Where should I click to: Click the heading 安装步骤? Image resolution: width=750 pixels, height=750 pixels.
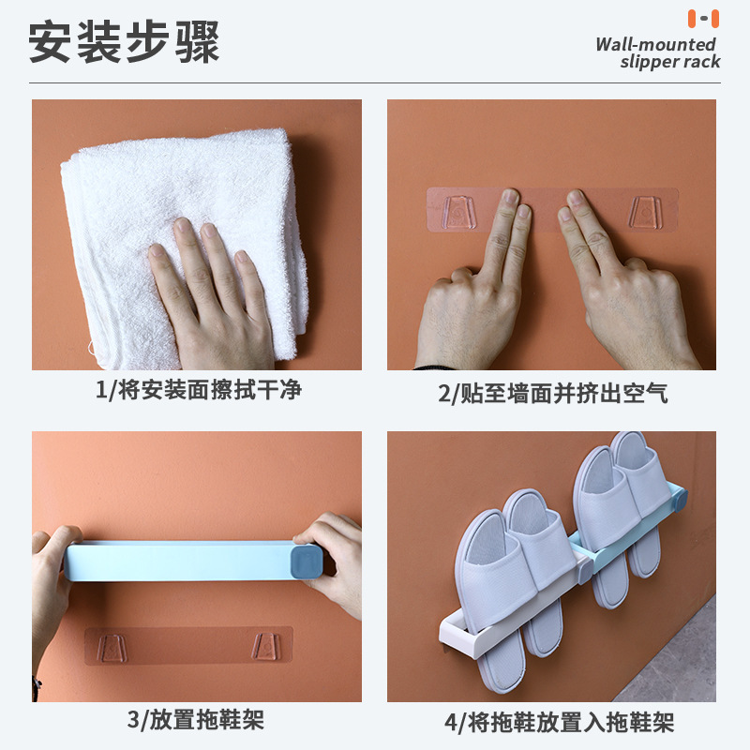(x=124, y=42)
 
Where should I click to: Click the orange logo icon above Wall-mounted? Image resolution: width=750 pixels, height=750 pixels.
(x=703, y=18)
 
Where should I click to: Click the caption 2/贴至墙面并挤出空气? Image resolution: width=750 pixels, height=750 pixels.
(x=552, y=394)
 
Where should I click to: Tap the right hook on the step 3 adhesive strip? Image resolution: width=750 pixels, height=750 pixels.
(x=266, y=646)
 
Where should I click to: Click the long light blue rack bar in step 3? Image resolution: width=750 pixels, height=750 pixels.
(x=178, y=561)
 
